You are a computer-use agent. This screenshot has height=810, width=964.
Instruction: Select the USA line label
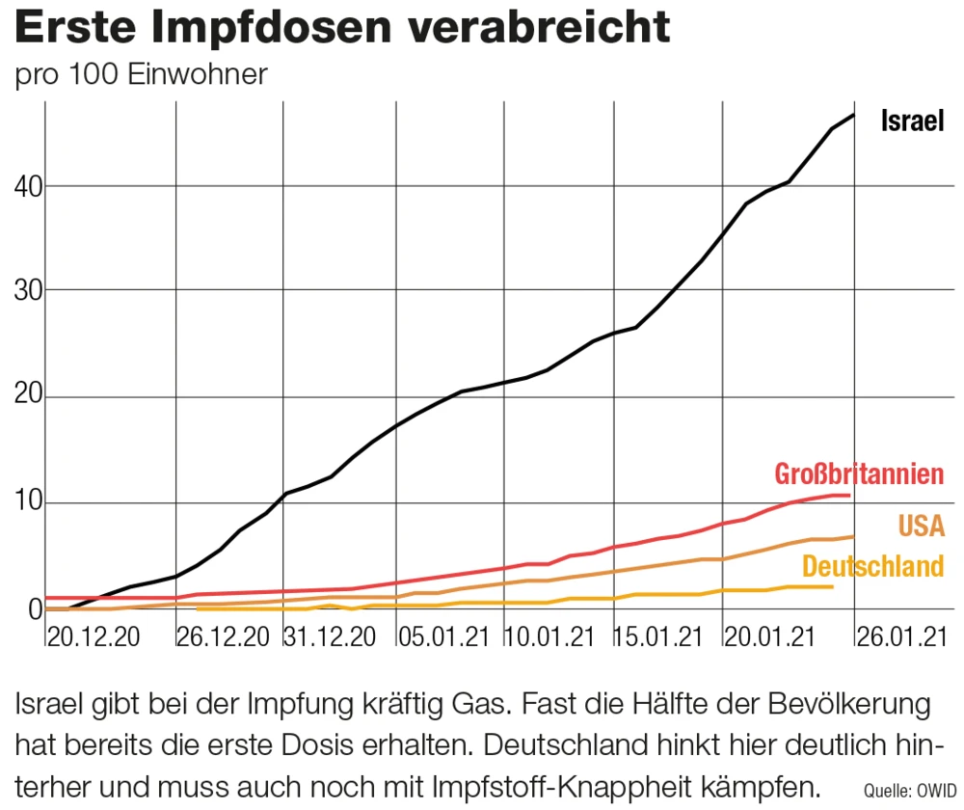(x=921, y=526)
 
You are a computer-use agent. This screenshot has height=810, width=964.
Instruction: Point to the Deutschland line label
(x=872, y=566)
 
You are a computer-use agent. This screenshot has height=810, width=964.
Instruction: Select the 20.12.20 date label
(x=94, y=637)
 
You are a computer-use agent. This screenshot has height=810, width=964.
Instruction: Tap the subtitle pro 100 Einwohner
(x=141, y=75)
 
